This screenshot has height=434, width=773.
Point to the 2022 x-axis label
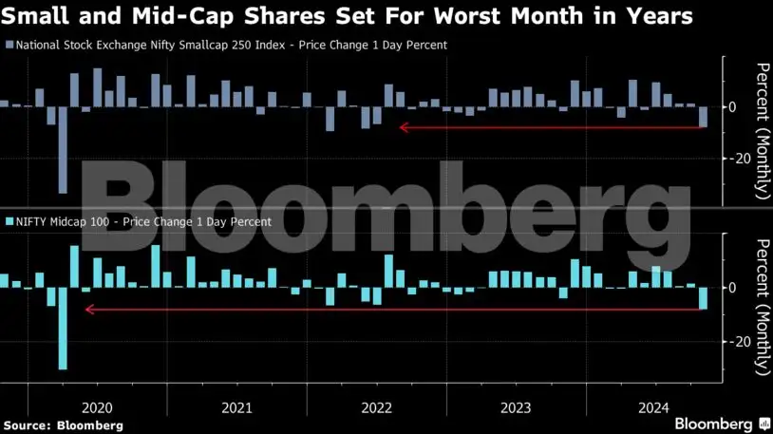[x=376, y=408]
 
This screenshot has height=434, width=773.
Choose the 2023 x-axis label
[x=517, y=408]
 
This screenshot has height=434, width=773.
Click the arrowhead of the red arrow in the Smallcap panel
[x=404, y=127]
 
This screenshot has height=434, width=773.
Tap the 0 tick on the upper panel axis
[x=732, y=106]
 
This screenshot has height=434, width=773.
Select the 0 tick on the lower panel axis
[x=732, y=288]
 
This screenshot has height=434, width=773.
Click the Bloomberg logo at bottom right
[x=721, y=423]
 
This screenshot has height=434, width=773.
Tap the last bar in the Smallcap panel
[x=703, y=116]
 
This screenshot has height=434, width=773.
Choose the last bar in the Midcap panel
[x=703, y=298]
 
